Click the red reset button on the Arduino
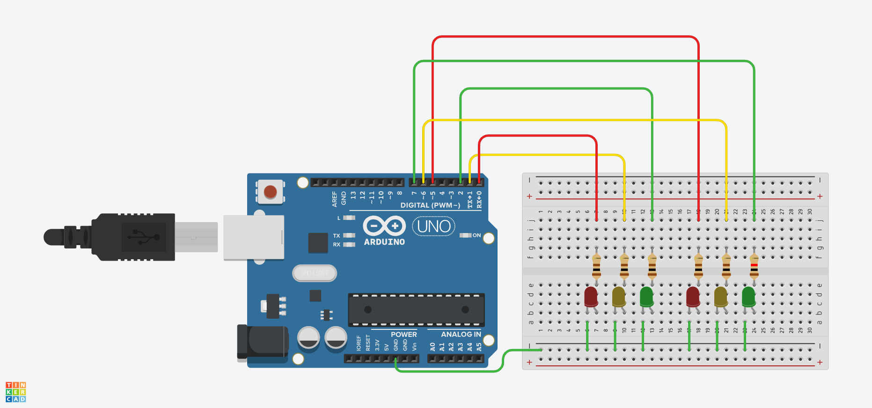270,192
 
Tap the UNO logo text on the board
433,226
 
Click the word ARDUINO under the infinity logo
384,242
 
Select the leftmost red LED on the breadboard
591,297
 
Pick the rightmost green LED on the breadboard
748,297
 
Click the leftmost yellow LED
618,297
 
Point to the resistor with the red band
754,267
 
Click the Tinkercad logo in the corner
15,392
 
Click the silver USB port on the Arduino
254,237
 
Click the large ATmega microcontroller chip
416,310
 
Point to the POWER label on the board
403,335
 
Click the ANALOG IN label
461,335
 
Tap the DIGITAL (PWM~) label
430,205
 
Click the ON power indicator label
476,235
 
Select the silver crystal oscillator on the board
315,273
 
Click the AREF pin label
335,198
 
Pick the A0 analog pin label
432,347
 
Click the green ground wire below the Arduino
449,372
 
